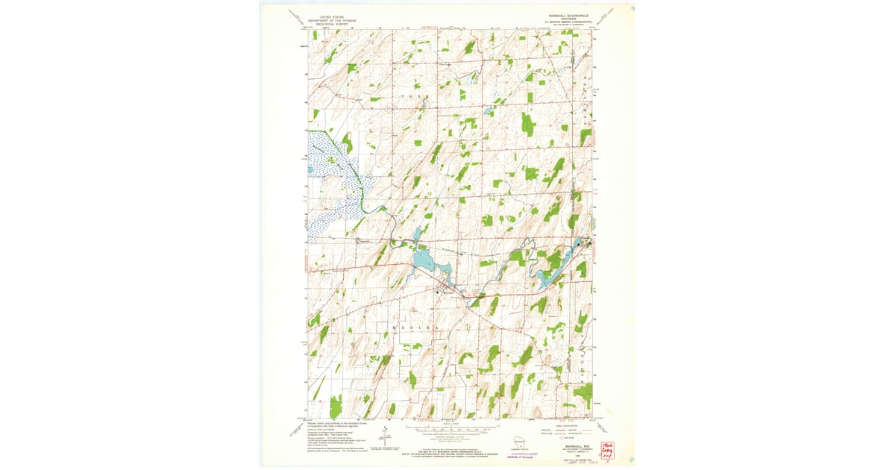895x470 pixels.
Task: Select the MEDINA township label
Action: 407,327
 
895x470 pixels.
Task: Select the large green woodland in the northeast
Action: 528,124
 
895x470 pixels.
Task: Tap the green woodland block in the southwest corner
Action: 336,407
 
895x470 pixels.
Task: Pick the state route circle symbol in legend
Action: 564,438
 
